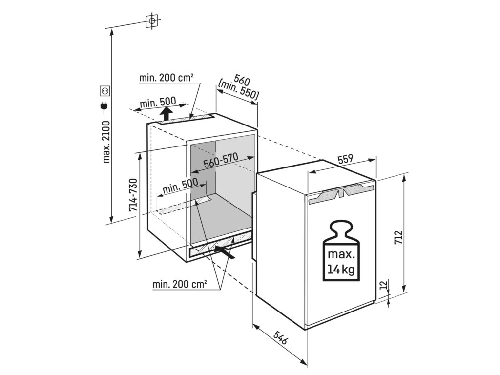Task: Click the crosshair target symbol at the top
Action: click(x=152, y=21)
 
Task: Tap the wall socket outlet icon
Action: click(x=104, y=90)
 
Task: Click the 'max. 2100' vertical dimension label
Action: click(x=107, y=141)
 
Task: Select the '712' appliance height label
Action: click(x=398, y=237)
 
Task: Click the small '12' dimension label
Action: click(x=383, y=284)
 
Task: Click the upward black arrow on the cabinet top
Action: click(x=167, y=114)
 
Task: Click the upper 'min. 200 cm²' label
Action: click(x=166, y=77)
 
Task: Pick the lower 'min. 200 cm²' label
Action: click(x=179, y=284)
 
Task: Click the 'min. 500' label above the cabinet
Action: click(x=157, y=102)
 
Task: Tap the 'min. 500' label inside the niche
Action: click(x=180, y=187)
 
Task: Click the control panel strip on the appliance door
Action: click(x=340, y=194)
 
